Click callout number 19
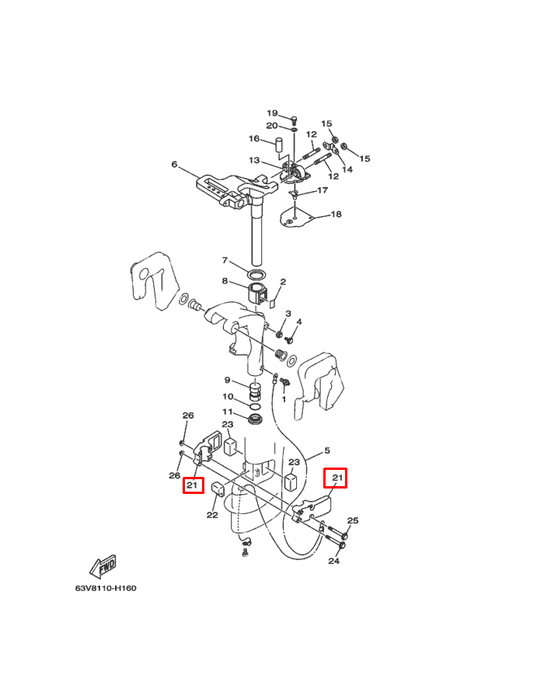click(x=273, y=113)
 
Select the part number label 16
click(x=253, y=139)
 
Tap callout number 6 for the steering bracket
click(x=175, y=165)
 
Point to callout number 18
click(x=336, y=214)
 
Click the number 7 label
click(x=225, y=260)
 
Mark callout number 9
click(x=228, y=381)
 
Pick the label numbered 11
click(x=227, y=412)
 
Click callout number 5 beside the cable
click(x=327, y=450)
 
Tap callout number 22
click(x=212, y=514)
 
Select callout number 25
click(x=353, y=521)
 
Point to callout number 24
click(x=335, y=561)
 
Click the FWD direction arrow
click(x=103, y=567)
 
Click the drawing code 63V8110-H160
click(x=106, y=588)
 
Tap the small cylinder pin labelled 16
click(x=276, y=145)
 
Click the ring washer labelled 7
click(x=256, y=275)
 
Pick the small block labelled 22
click(x=218, y=489)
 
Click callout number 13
click(x=254, y=161)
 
